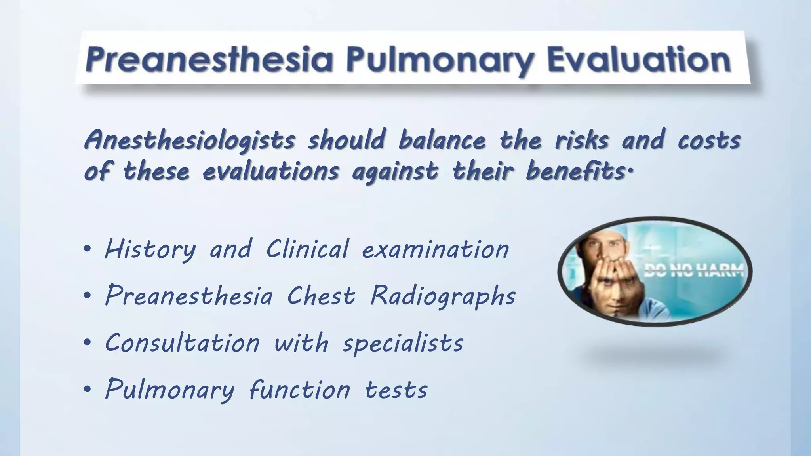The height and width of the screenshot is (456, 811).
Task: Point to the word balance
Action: (442, 141)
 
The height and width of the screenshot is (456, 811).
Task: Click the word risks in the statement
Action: (582, 141)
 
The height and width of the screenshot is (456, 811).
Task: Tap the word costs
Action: (709, 141)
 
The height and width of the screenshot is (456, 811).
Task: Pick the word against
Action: (395, 172)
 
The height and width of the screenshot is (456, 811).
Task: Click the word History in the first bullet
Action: (150, 250)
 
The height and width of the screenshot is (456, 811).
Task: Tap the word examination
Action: (436, 250)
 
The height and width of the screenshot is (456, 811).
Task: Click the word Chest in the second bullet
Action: (321, 296)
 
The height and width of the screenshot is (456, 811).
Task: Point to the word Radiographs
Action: (443, 296)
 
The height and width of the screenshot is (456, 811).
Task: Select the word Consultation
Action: (182, 343)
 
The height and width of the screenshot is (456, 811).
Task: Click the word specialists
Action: (403, 343)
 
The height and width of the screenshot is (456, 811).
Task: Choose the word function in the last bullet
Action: (300, 390)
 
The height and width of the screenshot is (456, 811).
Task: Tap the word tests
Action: (396, 390)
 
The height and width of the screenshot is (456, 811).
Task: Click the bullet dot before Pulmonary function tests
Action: (88, 389)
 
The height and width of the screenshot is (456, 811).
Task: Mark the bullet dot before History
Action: (88, 249)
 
